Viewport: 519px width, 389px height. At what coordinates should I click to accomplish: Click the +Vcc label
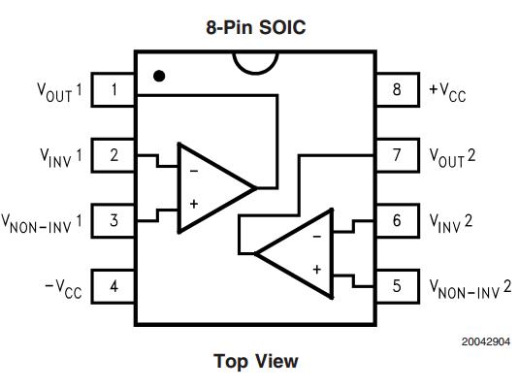447,92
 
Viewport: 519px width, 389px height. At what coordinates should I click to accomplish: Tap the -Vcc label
63,289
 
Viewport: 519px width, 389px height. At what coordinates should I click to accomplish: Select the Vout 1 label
59,92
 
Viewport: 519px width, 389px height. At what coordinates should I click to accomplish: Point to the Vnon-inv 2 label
470,290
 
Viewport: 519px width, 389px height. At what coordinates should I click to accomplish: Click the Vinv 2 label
451,223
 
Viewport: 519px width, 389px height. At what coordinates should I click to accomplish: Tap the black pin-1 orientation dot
159,76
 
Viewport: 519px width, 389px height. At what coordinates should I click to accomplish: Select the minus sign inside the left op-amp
194,171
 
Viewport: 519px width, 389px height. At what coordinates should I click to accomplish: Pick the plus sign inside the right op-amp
317,270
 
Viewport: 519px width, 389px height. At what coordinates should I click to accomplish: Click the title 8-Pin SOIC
256,27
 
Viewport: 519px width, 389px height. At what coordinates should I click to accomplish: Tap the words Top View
256,361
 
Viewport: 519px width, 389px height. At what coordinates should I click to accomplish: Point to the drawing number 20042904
486,341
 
